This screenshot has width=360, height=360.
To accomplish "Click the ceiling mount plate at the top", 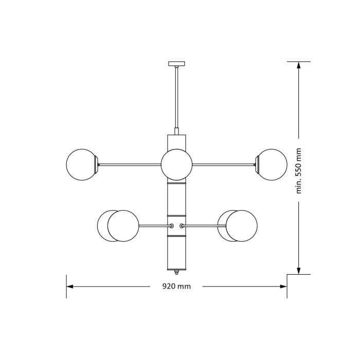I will click(176, 64).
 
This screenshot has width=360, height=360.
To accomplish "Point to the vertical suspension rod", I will click(176, 98).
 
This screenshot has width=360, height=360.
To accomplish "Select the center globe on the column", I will click(176, 165).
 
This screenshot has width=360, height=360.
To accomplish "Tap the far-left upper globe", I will click(81, 165).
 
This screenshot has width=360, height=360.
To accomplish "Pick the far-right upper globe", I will click(272, 165).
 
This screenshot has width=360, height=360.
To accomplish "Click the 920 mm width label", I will click(176, 286).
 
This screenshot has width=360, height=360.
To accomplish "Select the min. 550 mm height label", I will click(299, 170).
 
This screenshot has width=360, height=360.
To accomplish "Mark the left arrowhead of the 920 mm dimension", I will click(70, 286).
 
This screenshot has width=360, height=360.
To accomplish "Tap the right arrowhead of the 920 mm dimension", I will click(283, 286).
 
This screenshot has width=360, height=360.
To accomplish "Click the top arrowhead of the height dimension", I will click(299, 65).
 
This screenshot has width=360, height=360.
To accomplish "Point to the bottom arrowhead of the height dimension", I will click(299, 271).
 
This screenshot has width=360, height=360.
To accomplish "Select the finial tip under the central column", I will click(176, 272).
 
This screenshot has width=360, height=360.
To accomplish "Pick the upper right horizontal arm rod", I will click(223, 165).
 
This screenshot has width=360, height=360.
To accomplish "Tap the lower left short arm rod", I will click(154, 226).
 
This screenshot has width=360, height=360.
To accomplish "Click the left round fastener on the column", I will click(172, 226).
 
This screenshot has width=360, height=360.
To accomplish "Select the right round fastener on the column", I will click(182, 226).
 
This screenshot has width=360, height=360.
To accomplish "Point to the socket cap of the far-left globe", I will click(96, 165).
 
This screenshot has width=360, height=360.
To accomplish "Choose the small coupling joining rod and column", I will click(176, 131).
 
